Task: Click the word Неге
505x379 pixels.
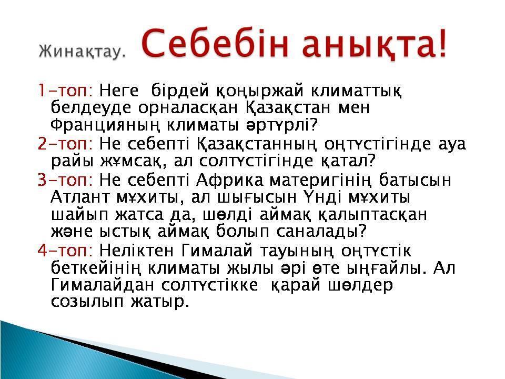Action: point(119,91)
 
